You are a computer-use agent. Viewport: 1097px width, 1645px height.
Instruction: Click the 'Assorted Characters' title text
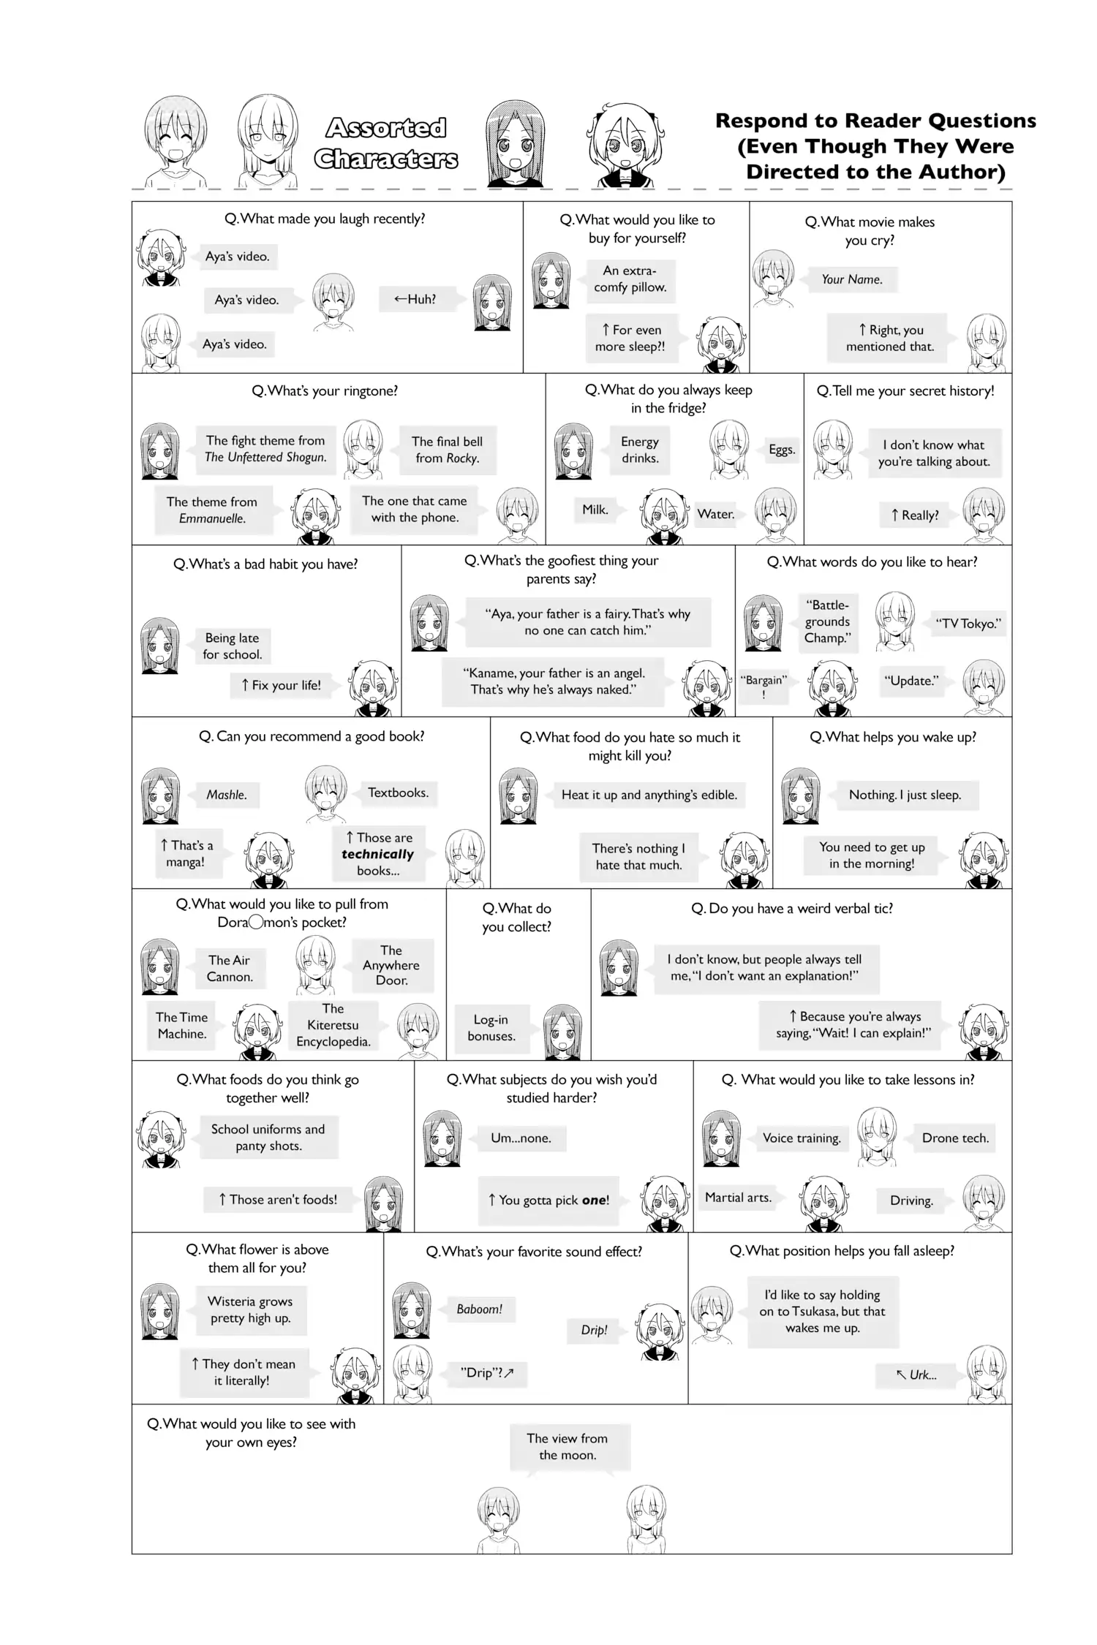tap(386, 143)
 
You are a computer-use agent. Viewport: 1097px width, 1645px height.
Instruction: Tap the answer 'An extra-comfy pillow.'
tap(630, 279)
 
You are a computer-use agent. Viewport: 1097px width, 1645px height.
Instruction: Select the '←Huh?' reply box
tap(415, 299)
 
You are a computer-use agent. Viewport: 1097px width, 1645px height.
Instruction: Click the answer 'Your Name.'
tap(851, 279)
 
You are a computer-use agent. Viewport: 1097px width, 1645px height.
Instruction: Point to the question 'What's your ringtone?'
tap(325, 391)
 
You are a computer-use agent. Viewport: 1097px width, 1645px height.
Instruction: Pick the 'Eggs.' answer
tap(782, 450)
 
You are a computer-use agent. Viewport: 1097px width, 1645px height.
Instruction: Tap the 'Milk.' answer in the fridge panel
tap(595, 510)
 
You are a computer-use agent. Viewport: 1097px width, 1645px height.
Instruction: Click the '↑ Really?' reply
tap(914, 515)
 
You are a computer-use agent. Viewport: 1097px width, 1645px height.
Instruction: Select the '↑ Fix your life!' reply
tap(281, 685)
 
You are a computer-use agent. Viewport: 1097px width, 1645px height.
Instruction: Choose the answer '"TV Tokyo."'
tap(968, 624)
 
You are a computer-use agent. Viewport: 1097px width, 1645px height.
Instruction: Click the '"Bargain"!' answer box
tap(764, 687)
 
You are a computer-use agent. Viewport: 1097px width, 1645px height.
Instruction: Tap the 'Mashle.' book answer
tap(227, 795)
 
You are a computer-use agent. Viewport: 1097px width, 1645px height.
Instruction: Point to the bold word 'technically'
tap(377, 854)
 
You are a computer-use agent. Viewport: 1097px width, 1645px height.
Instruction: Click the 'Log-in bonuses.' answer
tap(491, 1028)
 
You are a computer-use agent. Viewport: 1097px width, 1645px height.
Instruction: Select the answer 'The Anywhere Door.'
tap(391, 965)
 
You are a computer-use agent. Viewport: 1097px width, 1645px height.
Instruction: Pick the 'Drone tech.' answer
tap(955, 1138)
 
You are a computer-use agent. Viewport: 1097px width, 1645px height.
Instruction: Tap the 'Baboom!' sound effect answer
tap(480, 1309)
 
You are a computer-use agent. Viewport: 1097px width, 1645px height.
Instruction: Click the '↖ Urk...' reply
tap(916, 1374)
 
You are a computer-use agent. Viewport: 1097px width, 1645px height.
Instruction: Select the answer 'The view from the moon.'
tap(568, 1446)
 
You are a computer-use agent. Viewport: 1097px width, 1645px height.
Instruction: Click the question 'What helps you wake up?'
tap(893, 737)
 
